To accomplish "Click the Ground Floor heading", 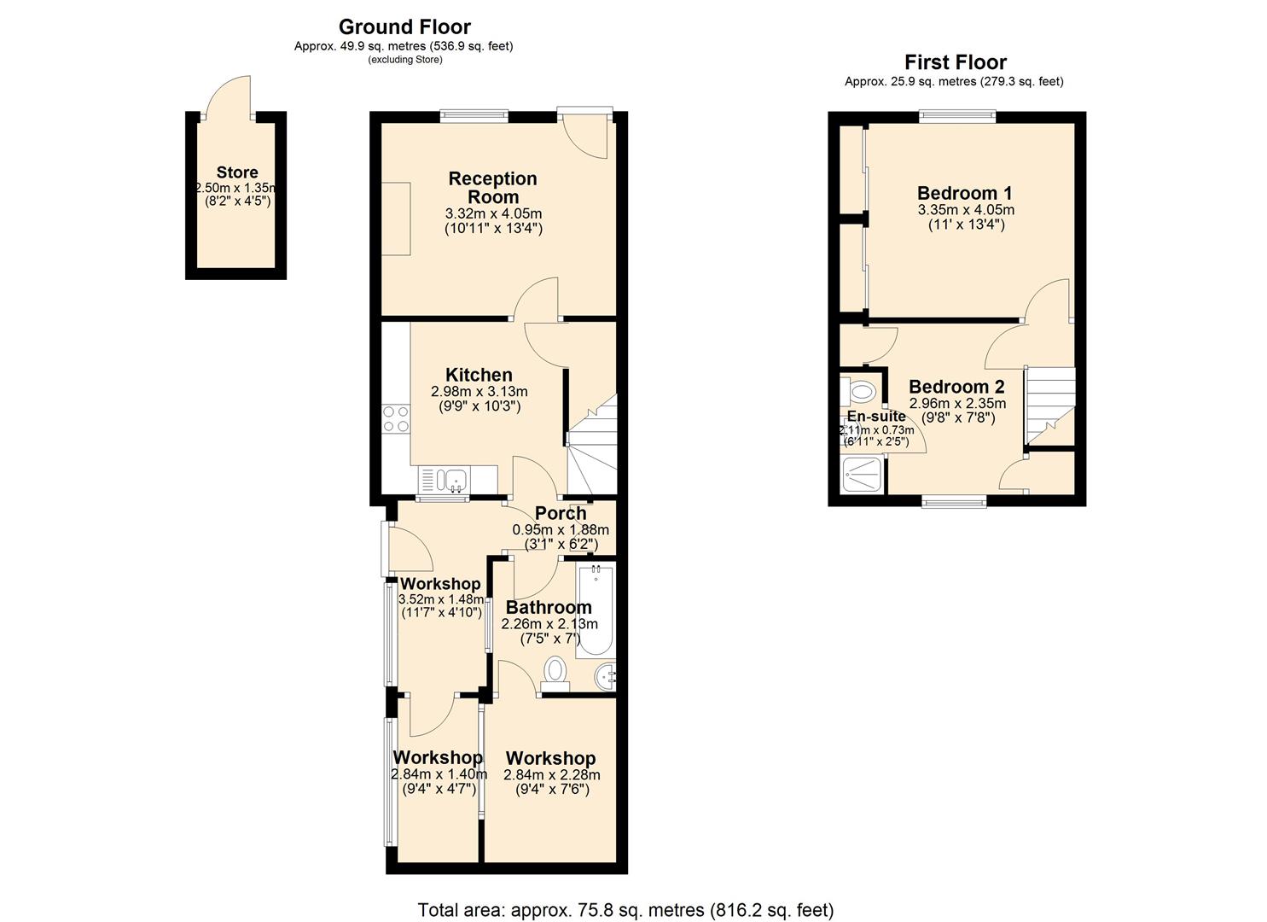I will coord(404,27).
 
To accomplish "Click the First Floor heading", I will coord(955,62).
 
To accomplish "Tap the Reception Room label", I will coord(492,187).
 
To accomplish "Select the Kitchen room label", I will coord(479,375).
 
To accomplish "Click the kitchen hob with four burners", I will coord(396,418).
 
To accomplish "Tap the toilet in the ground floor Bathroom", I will coord(555,673).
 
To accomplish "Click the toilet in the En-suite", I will coord(860,392).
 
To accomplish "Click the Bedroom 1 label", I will coord(964,193).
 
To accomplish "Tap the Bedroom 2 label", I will coord(956,387).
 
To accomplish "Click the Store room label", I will coord(237,172).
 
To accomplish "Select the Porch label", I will coord(561,513).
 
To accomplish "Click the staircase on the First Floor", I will coord(1049,406).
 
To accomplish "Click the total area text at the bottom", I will coord(625,909).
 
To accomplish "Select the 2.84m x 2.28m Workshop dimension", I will coord(551,775).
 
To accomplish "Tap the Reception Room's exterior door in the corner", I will coord(589,133).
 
